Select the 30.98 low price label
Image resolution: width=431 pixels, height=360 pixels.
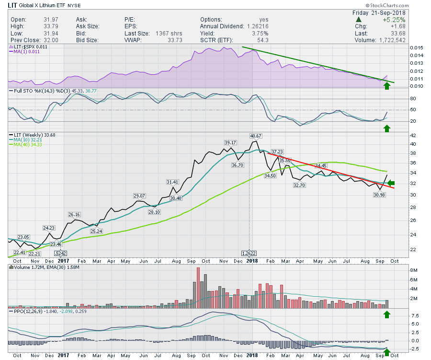(380, 195)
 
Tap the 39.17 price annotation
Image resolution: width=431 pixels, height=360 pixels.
(231, 143)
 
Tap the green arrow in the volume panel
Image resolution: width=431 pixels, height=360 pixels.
(387, 315)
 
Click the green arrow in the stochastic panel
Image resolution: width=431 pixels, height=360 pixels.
(387, 128)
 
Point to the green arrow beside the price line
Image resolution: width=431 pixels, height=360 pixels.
(391, 183)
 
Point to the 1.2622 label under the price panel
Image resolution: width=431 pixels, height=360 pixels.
(249, 253)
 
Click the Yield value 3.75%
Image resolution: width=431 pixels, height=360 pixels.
(261, 34)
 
